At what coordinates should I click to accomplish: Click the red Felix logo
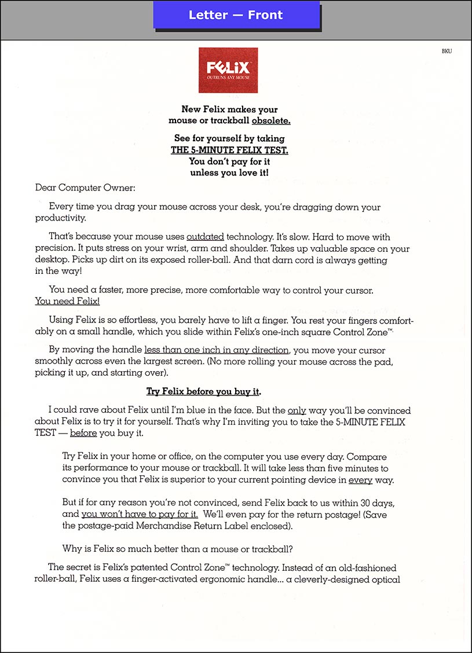tap(228, 70)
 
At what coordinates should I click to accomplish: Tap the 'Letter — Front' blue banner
tap(236, 15)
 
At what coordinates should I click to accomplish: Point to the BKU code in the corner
tap(447, 51)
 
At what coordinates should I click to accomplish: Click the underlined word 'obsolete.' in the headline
tap(271, 120)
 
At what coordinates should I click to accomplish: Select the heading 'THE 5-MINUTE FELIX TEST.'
tap(229, 150)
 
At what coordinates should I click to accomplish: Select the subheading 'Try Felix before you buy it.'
tap(203, 391)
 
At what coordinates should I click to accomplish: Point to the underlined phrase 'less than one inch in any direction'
tap(217, 350)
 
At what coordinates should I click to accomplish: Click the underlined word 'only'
tap(297, 410)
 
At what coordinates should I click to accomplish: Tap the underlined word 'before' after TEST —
tap(83, 433)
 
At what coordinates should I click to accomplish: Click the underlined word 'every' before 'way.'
tap(360, 480)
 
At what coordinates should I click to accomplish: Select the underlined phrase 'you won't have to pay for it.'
tap(140, 513)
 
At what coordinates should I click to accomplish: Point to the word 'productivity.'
tap(60, 218)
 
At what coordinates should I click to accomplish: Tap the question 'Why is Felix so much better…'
tap(172, 549)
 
